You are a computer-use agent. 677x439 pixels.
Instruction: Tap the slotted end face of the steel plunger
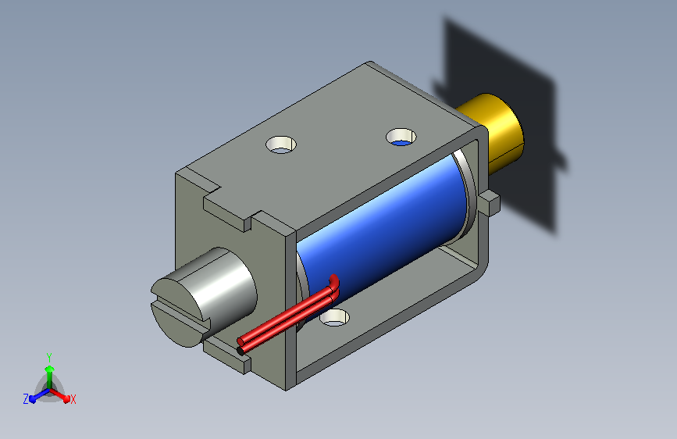click(x=177, y=312)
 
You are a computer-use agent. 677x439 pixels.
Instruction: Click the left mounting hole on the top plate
click(x=281, y=145)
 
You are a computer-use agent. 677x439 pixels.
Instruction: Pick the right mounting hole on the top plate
click(x=401, y=137)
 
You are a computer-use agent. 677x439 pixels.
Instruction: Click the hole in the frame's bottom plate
click(x=335, y=318)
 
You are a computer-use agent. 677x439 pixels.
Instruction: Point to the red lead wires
click(x=288, y=313)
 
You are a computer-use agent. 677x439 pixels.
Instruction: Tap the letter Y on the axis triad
click(x=49, y=358)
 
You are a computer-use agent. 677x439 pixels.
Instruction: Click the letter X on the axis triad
click(x=73, y=400)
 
